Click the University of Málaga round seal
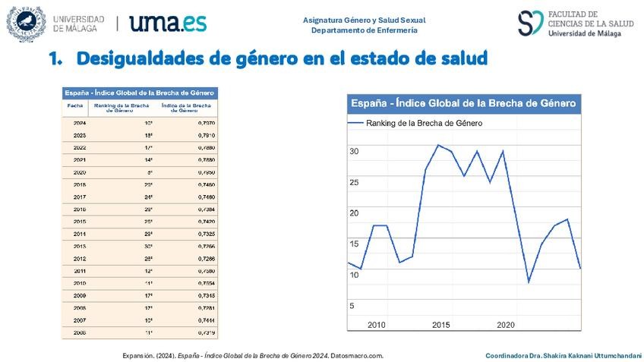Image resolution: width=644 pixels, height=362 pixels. pyautogui.click(x=26, y=24)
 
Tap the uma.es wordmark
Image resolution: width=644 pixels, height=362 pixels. pyautogui.click(x=168, y=23)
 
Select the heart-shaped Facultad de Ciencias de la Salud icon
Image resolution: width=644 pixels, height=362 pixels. pyautogui.click(x=530, y=23)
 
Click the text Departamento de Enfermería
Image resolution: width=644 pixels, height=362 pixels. pyautogui.click(x=364, y=30)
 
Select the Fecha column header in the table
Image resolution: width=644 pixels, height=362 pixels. pyautogui.click(x=75, y=105)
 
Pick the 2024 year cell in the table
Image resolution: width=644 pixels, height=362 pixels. pyautogui.click(x=80, y=122)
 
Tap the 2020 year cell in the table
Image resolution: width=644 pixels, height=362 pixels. pyautogui.click(x=80, y=172)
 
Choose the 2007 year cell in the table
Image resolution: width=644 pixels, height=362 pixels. pyautogui.click(x=80, y=320)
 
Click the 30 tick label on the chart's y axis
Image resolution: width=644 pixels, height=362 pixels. pyautogui.click(x=353, y=152)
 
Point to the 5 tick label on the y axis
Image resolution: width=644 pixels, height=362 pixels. pyautogui.click(x=352, y=306)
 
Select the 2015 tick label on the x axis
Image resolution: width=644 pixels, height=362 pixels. pyautogui.click(x=441, y=325)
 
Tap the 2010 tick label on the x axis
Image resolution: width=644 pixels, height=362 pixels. pyautogui.click(x=377, y=325)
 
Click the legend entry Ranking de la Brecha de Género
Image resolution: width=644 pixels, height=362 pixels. pyautogui.click(x=424, y=122)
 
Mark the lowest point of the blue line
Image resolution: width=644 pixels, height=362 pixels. pyautogui.click(x=529, y=282)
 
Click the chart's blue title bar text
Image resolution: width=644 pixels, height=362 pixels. pyautogui.click(x=462, y=103)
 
